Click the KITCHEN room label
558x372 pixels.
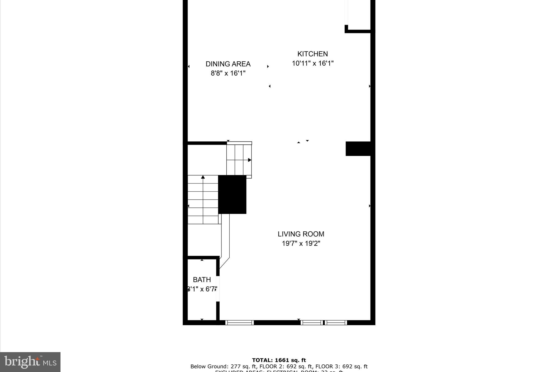coord(313,54)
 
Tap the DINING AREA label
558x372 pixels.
coord(228,64)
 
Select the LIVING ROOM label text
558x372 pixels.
coord(301,234)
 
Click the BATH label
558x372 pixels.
coord(202,280)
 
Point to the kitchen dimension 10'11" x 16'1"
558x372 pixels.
coord(313,63)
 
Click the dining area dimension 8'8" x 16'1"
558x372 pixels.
coord(228,73)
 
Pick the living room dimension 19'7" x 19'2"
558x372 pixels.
coord(301,243)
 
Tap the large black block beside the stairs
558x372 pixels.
coord(232,194)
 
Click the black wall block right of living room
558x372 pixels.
coord(358,149)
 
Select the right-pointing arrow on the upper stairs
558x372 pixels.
coord(249,160)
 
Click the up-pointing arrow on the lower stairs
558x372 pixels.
coord(203,177)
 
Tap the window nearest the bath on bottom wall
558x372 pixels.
coord(239,323)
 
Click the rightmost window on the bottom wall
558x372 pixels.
coord(336,323)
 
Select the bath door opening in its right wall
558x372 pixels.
coord(218,289)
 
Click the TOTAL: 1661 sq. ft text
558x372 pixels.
coord(279,360)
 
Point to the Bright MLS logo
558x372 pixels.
coord(30,362)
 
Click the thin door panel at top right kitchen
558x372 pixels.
coord(346,12)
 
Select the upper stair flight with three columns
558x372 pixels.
coord(239,160)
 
